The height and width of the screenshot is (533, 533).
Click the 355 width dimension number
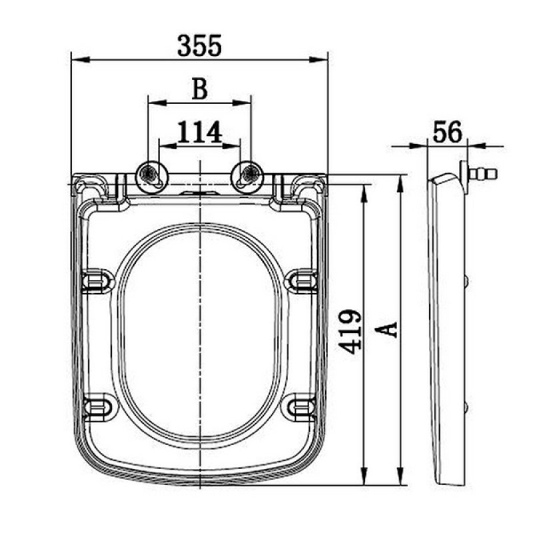coord(199,45)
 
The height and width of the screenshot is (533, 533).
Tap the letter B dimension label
coord(199,89)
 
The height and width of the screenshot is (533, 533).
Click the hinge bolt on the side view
coord(483,175)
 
